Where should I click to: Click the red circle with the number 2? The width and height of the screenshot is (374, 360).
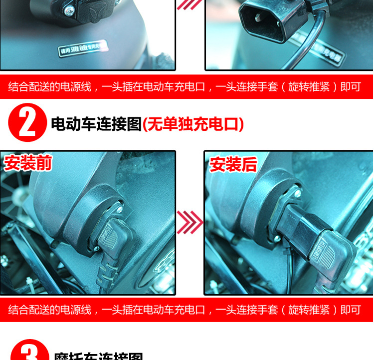pos(27,123)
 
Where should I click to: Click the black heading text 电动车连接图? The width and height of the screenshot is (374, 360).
pos(96,124)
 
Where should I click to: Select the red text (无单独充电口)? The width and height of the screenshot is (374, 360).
pos(193,124)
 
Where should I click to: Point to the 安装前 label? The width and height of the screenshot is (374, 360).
pos(28,163)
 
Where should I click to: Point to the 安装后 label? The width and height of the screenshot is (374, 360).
pos(233,164)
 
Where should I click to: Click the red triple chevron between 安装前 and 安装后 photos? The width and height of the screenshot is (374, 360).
pos(190,222)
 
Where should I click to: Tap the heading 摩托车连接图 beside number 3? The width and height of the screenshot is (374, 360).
pos(98,356)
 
